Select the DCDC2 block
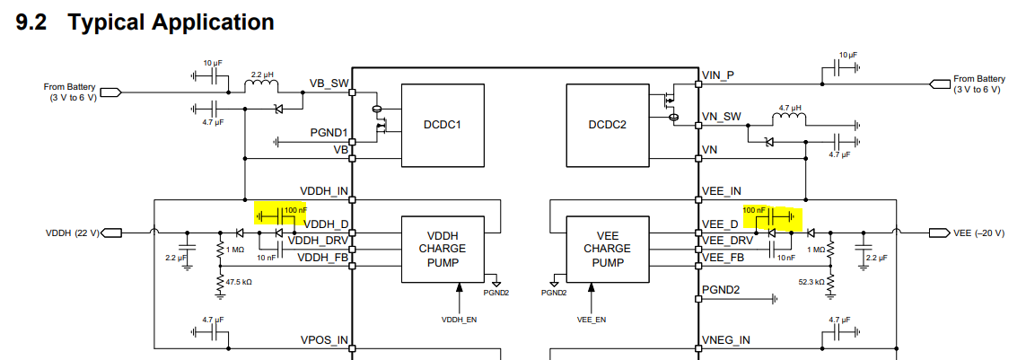(x=608, y=125)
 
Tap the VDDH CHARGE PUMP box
(x=443, y=249)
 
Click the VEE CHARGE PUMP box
(x=607, y=249)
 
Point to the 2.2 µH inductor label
(x=262, y=75)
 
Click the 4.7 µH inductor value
(x=790, y=108)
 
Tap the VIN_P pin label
(x=719, y=75)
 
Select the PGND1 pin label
(x=329, y=133)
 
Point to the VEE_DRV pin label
(x=728, y=241)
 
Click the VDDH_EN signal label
(x=459, y=319)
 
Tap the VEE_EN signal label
(x=592, y=319)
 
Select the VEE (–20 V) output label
(x=982, y=233)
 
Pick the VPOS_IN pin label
(x=324, y=340)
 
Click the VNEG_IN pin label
(x=726, y=340)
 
